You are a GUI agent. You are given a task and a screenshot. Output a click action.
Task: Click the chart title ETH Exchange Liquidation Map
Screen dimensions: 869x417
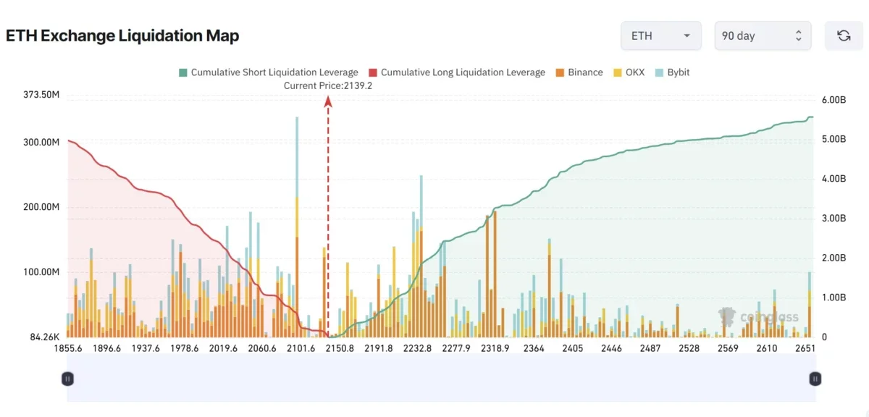[122, 35]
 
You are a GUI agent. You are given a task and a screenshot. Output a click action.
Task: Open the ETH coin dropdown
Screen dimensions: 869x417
[661, 35]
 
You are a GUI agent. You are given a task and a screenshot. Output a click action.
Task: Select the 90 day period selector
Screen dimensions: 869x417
[763, 35]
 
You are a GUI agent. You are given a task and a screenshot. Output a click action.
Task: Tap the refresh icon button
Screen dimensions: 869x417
[844, 35]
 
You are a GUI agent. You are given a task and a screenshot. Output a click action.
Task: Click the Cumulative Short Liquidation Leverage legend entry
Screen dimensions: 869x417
[269, 72]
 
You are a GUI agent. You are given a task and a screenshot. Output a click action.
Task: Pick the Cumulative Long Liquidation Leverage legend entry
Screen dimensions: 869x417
[457, 72]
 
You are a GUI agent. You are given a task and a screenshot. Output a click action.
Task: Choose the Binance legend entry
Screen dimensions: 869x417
[579, 72]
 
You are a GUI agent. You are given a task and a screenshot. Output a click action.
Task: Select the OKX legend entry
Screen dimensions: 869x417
[629, 72]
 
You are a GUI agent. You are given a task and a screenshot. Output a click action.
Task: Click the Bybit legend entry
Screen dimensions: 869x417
[672, 72]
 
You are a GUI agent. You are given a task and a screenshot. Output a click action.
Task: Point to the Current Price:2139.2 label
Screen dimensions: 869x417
[328, 85]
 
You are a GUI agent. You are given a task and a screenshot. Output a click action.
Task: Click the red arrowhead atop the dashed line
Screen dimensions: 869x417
[328, 101]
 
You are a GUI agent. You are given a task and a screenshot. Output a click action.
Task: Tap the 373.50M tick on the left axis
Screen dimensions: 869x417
[41, 95]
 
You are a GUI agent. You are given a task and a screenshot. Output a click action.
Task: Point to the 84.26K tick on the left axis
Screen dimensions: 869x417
[45, 337]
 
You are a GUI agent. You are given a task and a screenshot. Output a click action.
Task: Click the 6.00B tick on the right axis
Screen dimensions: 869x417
[834, 100]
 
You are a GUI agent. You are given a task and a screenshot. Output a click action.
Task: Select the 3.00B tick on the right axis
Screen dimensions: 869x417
[834, 218]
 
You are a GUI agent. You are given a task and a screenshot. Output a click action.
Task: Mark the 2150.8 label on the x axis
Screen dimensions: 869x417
[340, 348]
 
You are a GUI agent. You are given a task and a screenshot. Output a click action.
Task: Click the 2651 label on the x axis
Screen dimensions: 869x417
[805, 348]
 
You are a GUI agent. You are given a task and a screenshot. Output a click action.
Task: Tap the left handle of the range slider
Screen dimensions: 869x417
[67, 379]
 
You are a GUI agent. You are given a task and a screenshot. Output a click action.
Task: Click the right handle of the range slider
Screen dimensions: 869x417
[815, 379]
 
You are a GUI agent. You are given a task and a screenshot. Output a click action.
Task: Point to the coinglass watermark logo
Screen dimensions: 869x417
[758, 317]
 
